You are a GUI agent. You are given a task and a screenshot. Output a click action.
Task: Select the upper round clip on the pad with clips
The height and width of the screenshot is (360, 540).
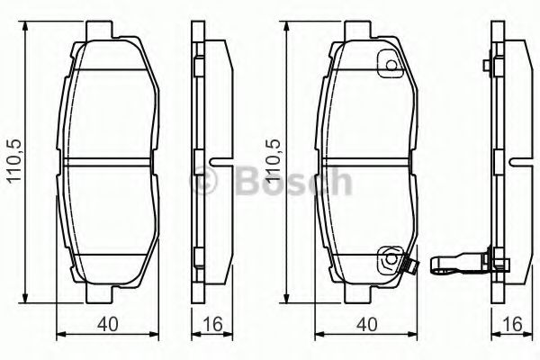pyautogui.click(x=390, y=66)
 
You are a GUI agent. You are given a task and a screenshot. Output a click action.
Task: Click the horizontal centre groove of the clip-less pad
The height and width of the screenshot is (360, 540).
pyautogui.click(x=108, y=162)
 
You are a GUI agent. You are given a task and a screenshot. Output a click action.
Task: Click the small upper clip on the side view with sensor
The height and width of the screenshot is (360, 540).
pyautogui.click(x=486, y=66)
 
